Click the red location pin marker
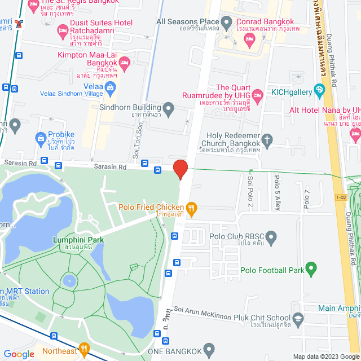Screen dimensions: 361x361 coord(180,169)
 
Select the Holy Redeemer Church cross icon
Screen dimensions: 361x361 coord(268,139)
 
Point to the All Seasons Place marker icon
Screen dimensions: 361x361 coord(227,23)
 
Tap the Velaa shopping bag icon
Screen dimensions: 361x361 coord(110,87)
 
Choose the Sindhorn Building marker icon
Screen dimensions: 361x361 coord(169,107)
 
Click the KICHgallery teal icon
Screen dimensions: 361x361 coord(319,89)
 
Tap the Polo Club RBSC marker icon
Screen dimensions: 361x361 coord(271,239)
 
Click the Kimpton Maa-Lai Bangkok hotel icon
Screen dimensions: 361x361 coord(125,61)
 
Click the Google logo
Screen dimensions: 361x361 coord(19,354)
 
